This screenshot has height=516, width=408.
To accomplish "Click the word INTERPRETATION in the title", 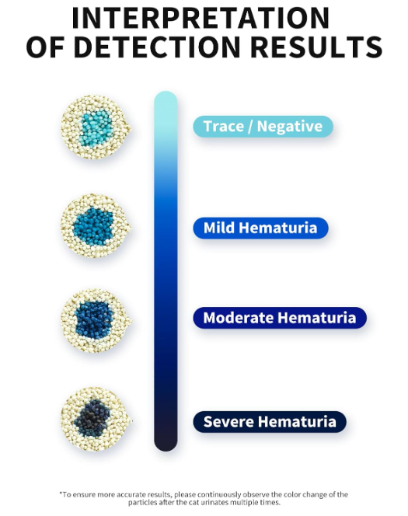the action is (201, 18).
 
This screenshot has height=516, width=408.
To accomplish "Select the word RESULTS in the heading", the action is (316, 47).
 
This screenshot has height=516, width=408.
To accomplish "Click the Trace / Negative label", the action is (263, 127).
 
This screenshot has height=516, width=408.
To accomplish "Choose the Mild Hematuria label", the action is (260, 228).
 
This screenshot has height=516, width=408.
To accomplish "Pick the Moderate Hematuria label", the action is (280, 318).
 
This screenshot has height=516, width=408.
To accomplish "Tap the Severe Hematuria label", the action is (270, 421).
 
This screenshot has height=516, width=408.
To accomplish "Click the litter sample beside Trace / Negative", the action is (96, 127).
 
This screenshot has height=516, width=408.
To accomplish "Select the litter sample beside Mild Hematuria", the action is (96, 226).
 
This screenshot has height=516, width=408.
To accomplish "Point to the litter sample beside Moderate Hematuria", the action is (96, 321).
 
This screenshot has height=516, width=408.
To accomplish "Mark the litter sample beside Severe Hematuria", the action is (96, 420).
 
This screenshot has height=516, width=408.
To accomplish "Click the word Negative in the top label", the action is (290, 127).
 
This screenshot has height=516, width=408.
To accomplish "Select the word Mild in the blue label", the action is (218, 228).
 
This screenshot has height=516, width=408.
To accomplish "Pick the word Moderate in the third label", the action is (238, 318).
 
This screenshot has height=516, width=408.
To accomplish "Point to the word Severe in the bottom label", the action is (228, 421).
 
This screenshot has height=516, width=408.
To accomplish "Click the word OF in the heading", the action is (45, 47).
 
